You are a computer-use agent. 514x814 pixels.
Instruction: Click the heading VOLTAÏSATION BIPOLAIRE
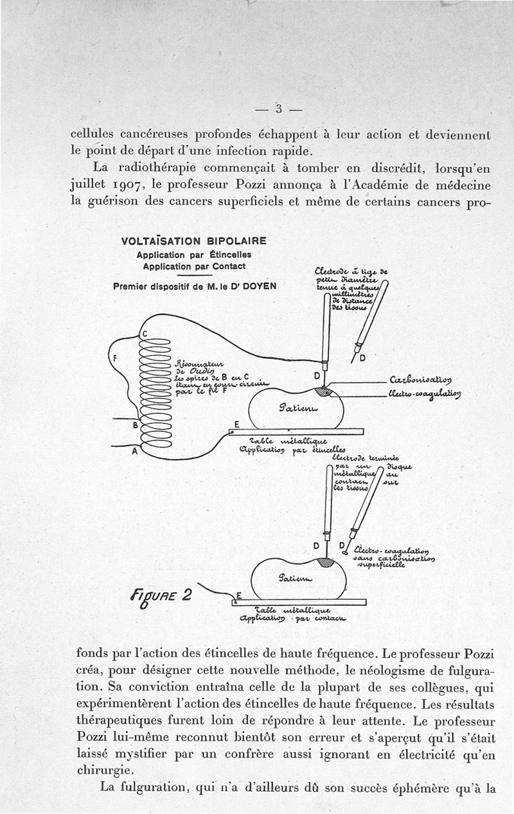193,242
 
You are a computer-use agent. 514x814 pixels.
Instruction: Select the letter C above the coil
145,334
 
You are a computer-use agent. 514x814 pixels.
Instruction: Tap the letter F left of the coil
116,357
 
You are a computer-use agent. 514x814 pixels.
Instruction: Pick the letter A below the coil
135,451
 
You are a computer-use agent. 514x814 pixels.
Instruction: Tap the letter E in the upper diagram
236,425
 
